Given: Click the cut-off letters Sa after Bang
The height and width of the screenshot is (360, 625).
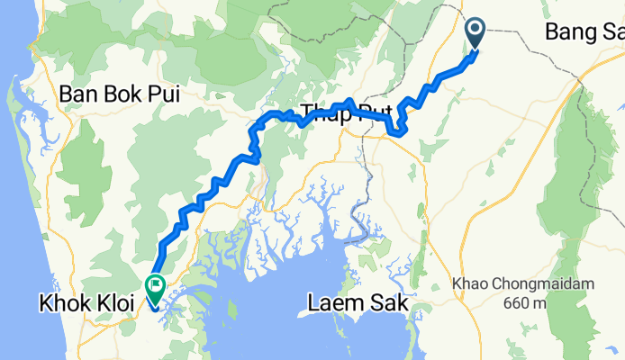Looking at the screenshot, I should coord(612,33).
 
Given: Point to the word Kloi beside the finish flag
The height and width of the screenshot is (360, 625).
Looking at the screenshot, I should coord(113,305).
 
